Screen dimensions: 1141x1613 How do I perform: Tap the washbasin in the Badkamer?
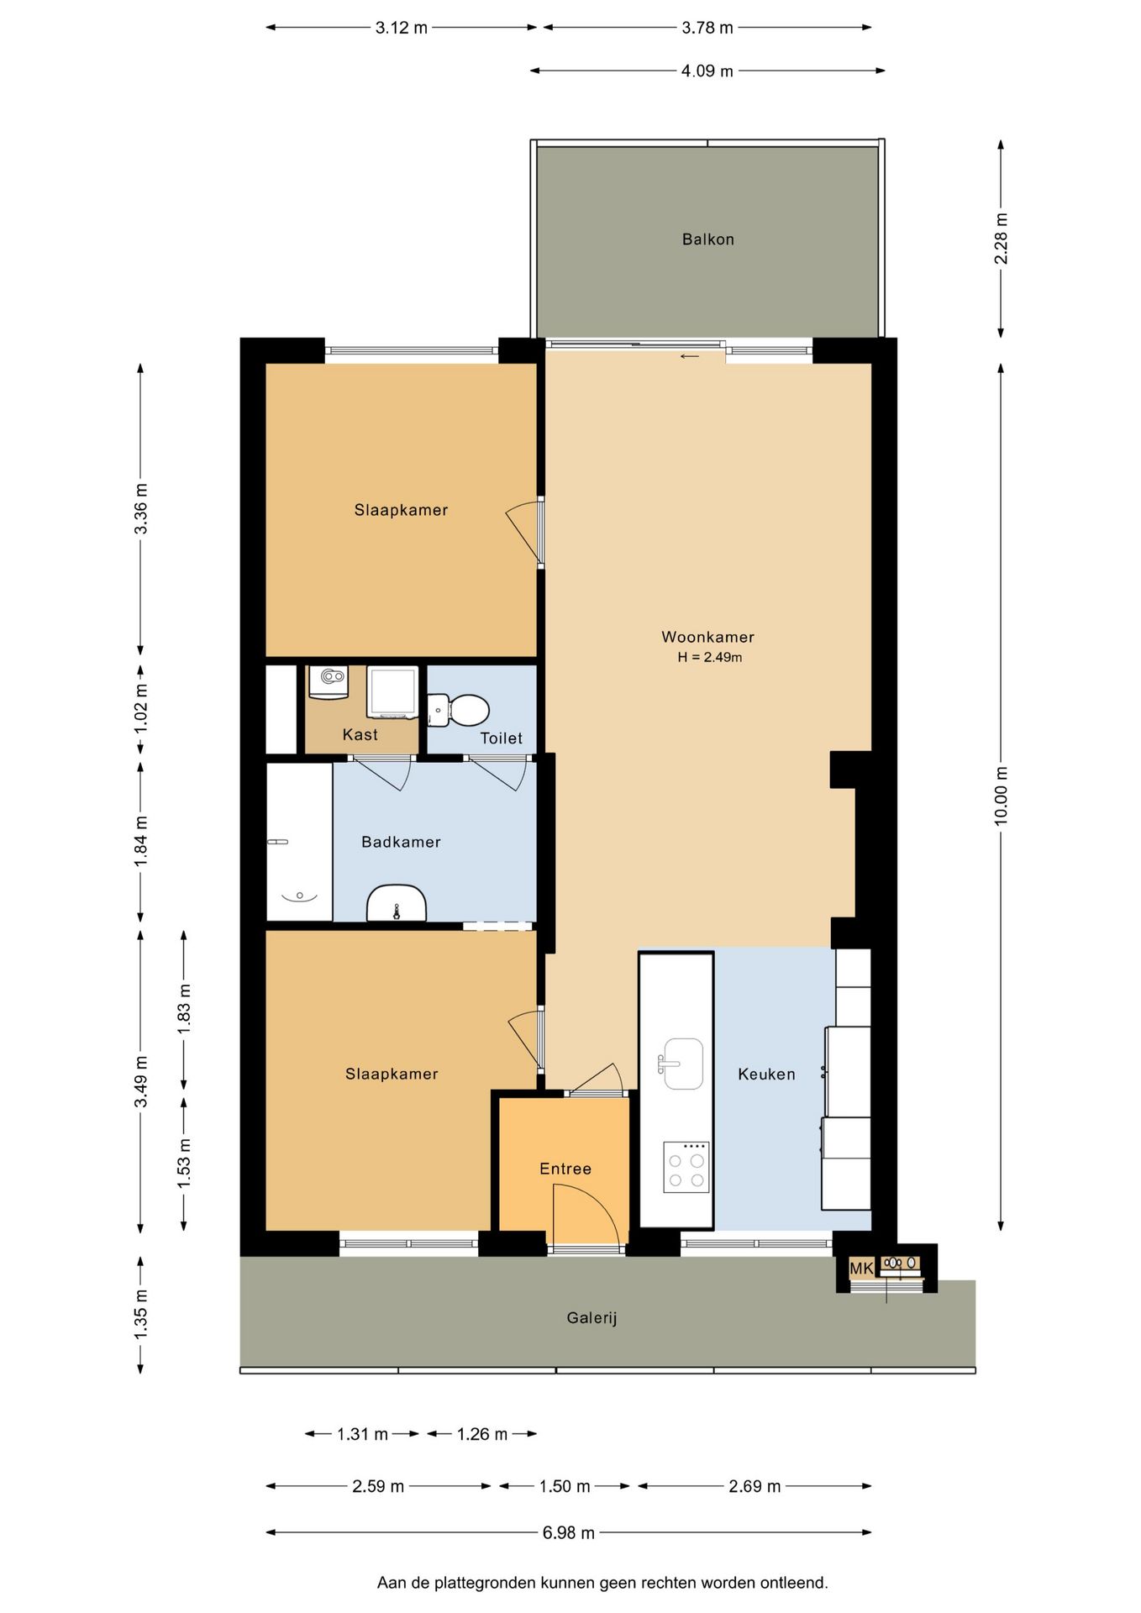coord(397,903)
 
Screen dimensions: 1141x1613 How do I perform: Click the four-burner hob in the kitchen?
coord(686,1167)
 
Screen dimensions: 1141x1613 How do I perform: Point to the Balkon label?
coord(708,239)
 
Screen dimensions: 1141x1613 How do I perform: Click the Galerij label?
coord(592,1318)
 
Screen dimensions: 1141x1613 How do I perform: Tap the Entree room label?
coord(565,1169)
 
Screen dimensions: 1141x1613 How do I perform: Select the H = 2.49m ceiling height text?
coord(710,657)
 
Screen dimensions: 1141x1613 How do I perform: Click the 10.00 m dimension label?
coord(1001,796)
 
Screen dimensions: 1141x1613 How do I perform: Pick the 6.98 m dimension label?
coord(569,1532)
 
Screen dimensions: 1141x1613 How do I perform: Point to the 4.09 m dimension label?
coord(707,71)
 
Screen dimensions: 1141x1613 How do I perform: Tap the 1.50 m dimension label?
coord(565,1486)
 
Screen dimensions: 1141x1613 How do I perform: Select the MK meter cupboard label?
coord(861,1268)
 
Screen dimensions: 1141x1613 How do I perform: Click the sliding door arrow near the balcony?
coord(689,356)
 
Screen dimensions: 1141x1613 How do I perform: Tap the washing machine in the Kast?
coord(392,692)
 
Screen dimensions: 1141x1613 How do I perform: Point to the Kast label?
coord(360,734)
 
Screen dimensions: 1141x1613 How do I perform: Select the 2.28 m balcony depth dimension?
coord(1001,239)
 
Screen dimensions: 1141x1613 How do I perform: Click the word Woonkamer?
coord(707,637)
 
